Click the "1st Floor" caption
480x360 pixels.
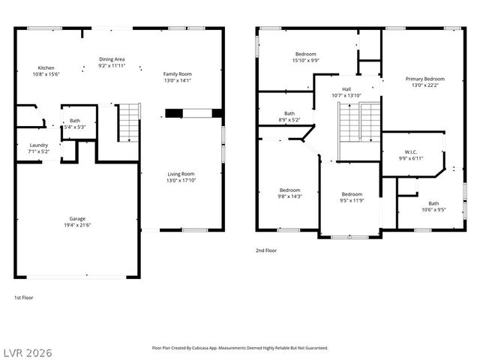pyautogui.click(x=24, y=298)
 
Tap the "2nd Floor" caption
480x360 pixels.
pyautogui.click(x=266, y=250)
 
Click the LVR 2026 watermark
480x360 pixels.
pyautogui.click(x=27, y=349)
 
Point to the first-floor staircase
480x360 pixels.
pyautogui.click(x=129, y=123)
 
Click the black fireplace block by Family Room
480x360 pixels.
pyautogui.click(x=174, y=114)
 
